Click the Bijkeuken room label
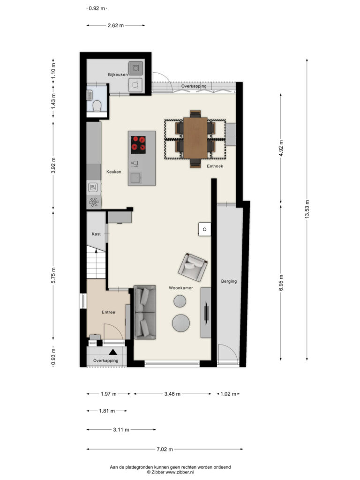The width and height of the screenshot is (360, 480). click(x=118, y=75)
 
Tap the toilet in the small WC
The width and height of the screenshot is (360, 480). click(x=97, y=105)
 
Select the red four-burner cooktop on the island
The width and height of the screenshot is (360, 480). click(x=138, y=144)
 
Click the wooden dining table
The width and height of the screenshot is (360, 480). click(x=195, y=138)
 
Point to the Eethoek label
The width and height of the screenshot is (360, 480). click(x=215, y=166)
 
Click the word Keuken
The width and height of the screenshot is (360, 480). click(x=113, y=172)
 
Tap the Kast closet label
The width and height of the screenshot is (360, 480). click(x=96, y=234)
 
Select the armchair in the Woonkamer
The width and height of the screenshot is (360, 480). click(x=193, y=267)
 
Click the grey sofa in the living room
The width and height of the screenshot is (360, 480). click(x=145, y=312)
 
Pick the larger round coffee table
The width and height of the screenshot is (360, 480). click(x=180, y=322)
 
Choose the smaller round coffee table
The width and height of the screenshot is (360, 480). click(x=180, y=301)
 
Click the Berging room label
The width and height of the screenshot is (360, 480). click(x=229, y=281)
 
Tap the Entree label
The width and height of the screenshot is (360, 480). click(x=108, y=312)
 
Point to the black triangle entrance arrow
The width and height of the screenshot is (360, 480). click(x=113, y=352)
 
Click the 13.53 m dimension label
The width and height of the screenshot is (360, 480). click(x=307, y=209)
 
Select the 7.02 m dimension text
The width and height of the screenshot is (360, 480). click(x=165, y=450)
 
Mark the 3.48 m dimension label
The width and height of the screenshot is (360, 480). click(x=172, y=394)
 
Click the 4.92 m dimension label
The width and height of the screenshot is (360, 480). click(x=281, y=148)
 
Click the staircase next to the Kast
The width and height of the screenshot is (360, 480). click(x=96, y=262)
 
